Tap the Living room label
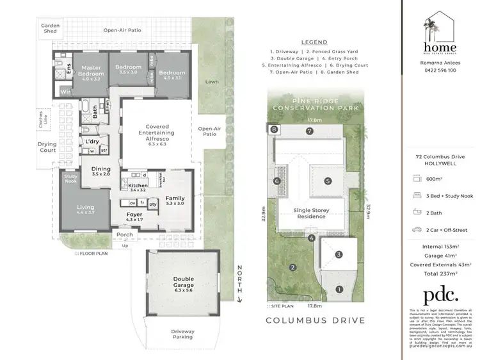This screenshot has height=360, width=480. [85, 209]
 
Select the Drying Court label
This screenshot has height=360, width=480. [48, 148]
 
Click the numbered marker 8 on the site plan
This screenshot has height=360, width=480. [274, 130]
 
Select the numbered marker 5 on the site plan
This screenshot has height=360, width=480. [327, 181]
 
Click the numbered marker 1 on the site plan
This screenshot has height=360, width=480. [338, 289]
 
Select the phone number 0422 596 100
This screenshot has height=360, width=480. [438, 70]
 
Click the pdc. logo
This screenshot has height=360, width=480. [440, 294]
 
